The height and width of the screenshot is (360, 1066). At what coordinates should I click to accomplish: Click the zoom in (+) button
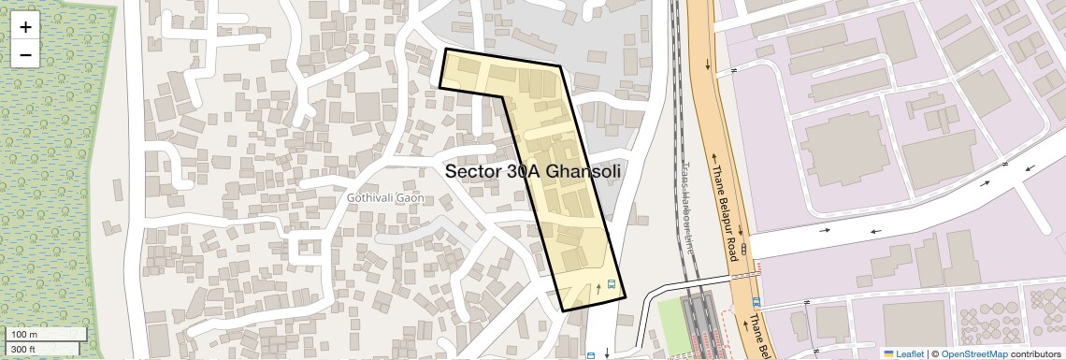pyautogui.click(x=25, y=27)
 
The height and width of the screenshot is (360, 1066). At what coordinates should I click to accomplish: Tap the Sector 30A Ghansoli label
pyautogui.click(x=533, y=171)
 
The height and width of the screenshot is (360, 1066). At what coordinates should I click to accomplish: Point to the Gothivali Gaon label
pyautogui.click(x=385, y=198)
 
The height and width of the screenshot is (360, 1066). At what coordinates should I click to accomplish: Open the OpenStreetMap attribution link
pyautogui.click(x=973, y=353)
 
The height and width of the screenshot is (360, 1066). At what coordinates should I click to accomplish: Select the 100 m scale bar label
pyautogui.click(x=25, y=335)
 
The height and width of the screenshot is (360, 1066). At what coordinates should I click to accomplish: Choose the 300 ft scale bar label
pyautogui.click(x=23, y=349)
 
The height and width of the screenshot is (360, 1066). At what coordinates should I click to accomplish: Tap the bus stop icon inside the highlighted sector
pyautogui.click(x=612, y=284)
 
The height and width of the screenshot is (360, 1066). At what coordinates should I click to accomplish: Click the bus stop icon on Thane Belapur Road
pyautogui.click(x=756, y=302)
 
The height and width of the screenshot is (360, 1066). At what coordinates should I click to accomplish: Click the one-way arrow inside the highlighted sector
pyautogui.click(x=598, y=288)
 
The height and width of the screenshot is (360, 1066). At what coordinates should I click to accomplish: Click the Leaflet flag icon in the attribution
pyautogui.click(x=888, y=353)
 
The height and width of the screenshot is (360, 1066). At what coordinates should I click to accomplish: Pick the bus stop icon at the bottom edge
pyautogui.click(x=590, y=355)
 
